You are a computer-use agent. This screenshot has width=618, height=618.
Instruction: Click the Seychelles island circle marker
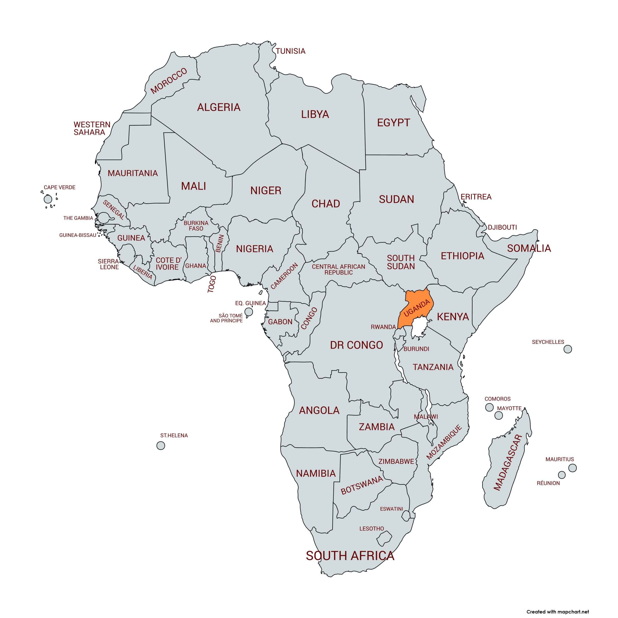pyautogui.click(x=568, y=349)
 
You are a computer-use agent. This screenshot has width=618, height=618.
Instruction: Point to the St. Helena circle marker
pyautogui.click(x=161, y=446)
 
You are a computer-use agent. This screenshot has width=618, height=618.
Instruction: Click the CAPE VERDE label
pyautogui.click(x=59, y=187)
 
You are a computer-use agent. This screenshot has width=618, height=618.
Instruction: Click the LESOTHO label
pyautogui.click(x=371, y=529)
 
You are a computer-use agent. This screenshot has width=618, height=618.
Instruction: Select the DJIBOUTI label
pyautogui.click(x=502, y=227)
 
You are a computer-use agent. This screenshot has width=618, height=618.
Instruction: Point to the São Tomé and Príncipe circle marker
pyautogui.click(x=248, y=311)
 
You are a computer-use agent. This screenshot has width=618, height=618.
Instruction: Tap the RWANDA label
pyautogui.click(x=383, y=327)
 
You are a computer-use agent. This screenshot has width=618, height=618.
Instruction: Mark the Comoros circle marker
pyautogui.click(x=489, y=407)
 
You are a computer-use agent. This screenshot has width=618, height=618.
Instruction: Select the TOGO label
pyautogui.click(x=212, y=284)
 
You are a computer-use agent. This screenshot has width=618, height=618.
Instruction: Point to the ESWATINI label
pyautogui.click(x=391, y=509)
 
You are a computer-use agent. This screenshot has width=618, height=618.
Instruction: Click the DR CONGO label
pyautogui.click(x=356, y=345)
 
